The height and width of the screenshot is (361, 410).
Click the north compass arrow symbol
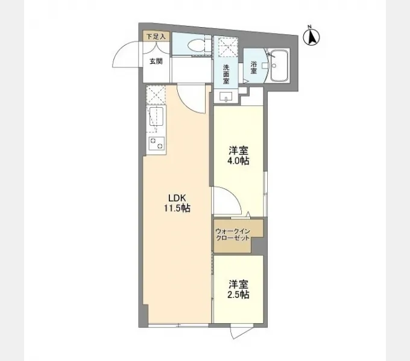[x=312, y=37]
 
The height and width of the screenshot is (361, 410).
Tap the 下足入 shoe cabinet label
[x=156, y=37]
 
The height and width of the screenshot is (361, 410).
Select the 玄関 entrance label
[x=156, y=61]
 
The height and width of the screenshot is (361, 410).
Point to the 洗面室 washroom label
[x=226, y=74]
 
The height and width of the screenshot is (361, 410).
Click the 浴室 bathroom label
[x=253, y=67]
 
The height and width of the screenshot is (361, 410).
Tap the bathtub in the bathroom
[x=279, y=66]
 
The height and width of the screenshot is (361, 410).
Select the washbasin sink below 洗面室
[x=226, y=96]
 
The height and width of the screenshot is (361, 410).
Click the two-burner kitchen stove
[x=156, y=143]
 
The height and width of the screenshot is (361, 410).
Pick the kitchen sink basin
[x=156, y=116]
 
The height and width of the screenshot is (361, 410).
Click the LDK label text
[x=177, y=198]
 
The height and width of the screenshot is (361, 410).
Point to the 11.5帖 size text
[x=177, y=208]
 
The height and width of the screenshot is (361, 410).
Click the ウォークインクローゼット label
[x=233, y=235]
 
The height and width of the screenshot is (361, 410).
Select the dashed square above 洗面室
[x=229, y=47]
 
